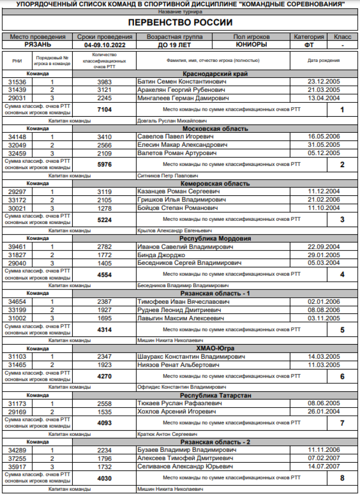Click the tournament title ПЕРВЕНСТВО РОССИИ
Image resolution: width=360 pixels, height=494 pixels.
tap(180, 22)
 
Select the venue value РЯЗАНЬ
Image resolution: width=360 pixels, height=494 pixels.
tap(38, 45)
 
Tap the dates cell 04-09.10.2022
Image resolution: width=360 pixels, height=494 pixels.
tap(104, 45)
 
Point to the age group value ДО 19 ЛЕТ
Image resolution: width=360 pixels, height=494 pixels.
tap(174, 45)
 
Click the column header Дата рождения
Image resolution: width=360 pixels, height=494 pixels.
tap(324, 61)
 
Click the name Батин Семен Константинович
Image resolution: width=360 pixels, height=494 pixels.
tap(182, 82)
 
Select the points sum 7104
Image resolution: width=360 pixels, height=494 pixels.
tap(104, 110)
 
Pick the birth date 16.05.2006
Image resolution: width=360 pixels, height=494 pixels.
tap(324, 137)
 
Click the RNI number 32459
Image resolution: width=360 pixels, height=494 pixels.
tap(17, 153)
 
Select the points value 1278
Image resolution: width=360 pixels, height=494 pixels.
tap(104, 208)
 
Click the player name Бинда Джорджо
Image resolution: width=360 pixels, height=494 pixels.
tap(161, 255)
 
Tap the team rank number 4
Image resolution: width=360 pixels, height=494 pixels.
tap(342, 274)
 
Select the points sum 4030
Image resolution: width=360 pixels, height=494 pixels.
tap(104, 478)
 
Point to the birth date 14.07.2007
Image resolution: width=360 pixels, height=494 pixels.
tap(324, 466)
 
